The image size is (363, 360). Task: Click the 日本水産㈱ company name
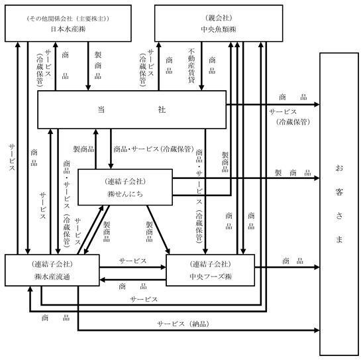68,29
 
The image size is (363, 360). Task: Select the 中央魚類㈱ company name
219,29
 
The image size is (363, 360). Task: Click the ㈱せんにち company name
125,194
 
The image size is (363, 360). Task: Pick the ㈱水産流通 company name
52,276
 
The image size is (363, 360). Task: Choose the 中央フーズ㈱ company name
211,276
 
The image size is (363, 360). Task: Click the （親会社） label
219,18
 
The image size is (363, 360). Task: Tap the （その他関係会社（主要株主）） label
68,19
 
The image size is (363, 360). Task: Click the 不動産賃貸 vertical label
191,66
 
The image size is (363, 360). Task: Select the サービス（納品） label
183,324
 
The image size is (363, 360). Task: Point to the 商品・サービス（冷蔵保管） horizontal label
154,149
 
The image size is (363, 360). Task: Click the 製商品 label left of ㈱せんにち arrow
83,149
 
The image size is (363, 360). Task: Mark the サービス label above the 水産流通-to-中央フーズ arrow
132,261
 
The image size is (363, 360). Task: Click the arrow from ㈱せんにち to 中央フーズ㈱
158,229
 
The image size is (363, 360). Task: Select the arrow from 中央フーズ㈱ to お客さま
287,267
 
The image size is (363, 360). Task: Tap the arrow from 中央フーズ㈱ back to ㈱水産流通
132,280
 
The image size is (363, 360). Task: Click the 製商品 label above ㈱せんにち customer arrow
293,172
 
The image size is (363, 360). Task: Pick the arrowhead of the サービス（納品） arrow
317,330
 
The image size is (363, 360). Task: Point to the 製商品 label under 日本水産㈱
98,66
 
